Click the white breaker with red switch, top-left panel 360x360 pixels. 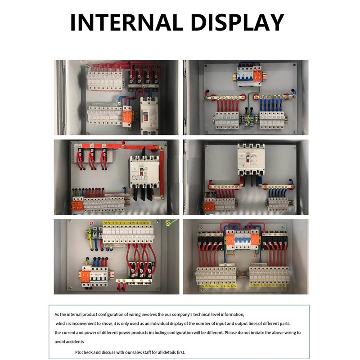(147, 114)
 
